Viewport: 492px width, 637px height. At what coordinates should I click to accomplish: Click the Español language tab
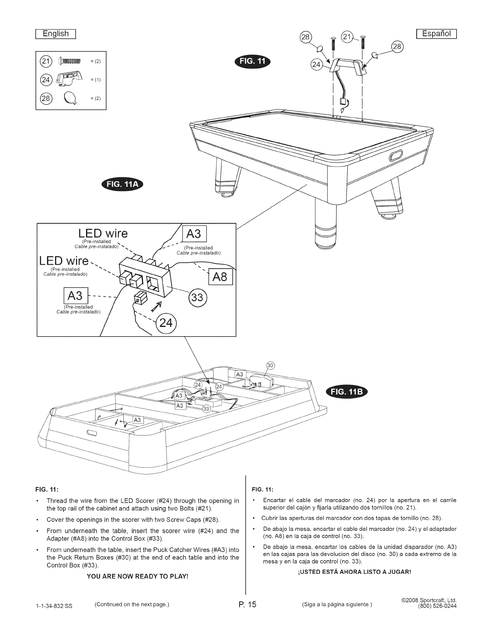tap(436, 34)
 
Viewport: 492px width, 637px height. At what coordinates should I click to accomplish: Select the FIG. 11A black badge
tap(125, 185)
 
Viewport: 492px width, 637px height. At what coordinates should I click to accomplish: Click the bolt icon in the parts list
tap(70, 61)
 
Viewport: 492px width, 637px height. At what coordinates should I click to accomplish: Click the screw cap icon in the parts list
tap(68, 99)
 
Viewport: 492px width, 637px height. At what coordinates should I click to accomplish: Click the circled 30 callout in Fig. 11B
tap(270, 365)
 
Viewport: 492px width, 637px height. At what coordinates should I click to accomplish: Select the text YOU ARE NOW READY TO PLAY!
tap(137, 577)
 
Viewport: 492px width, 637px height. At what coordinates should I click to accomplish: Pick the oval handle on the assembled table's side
tap(396, 155)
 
